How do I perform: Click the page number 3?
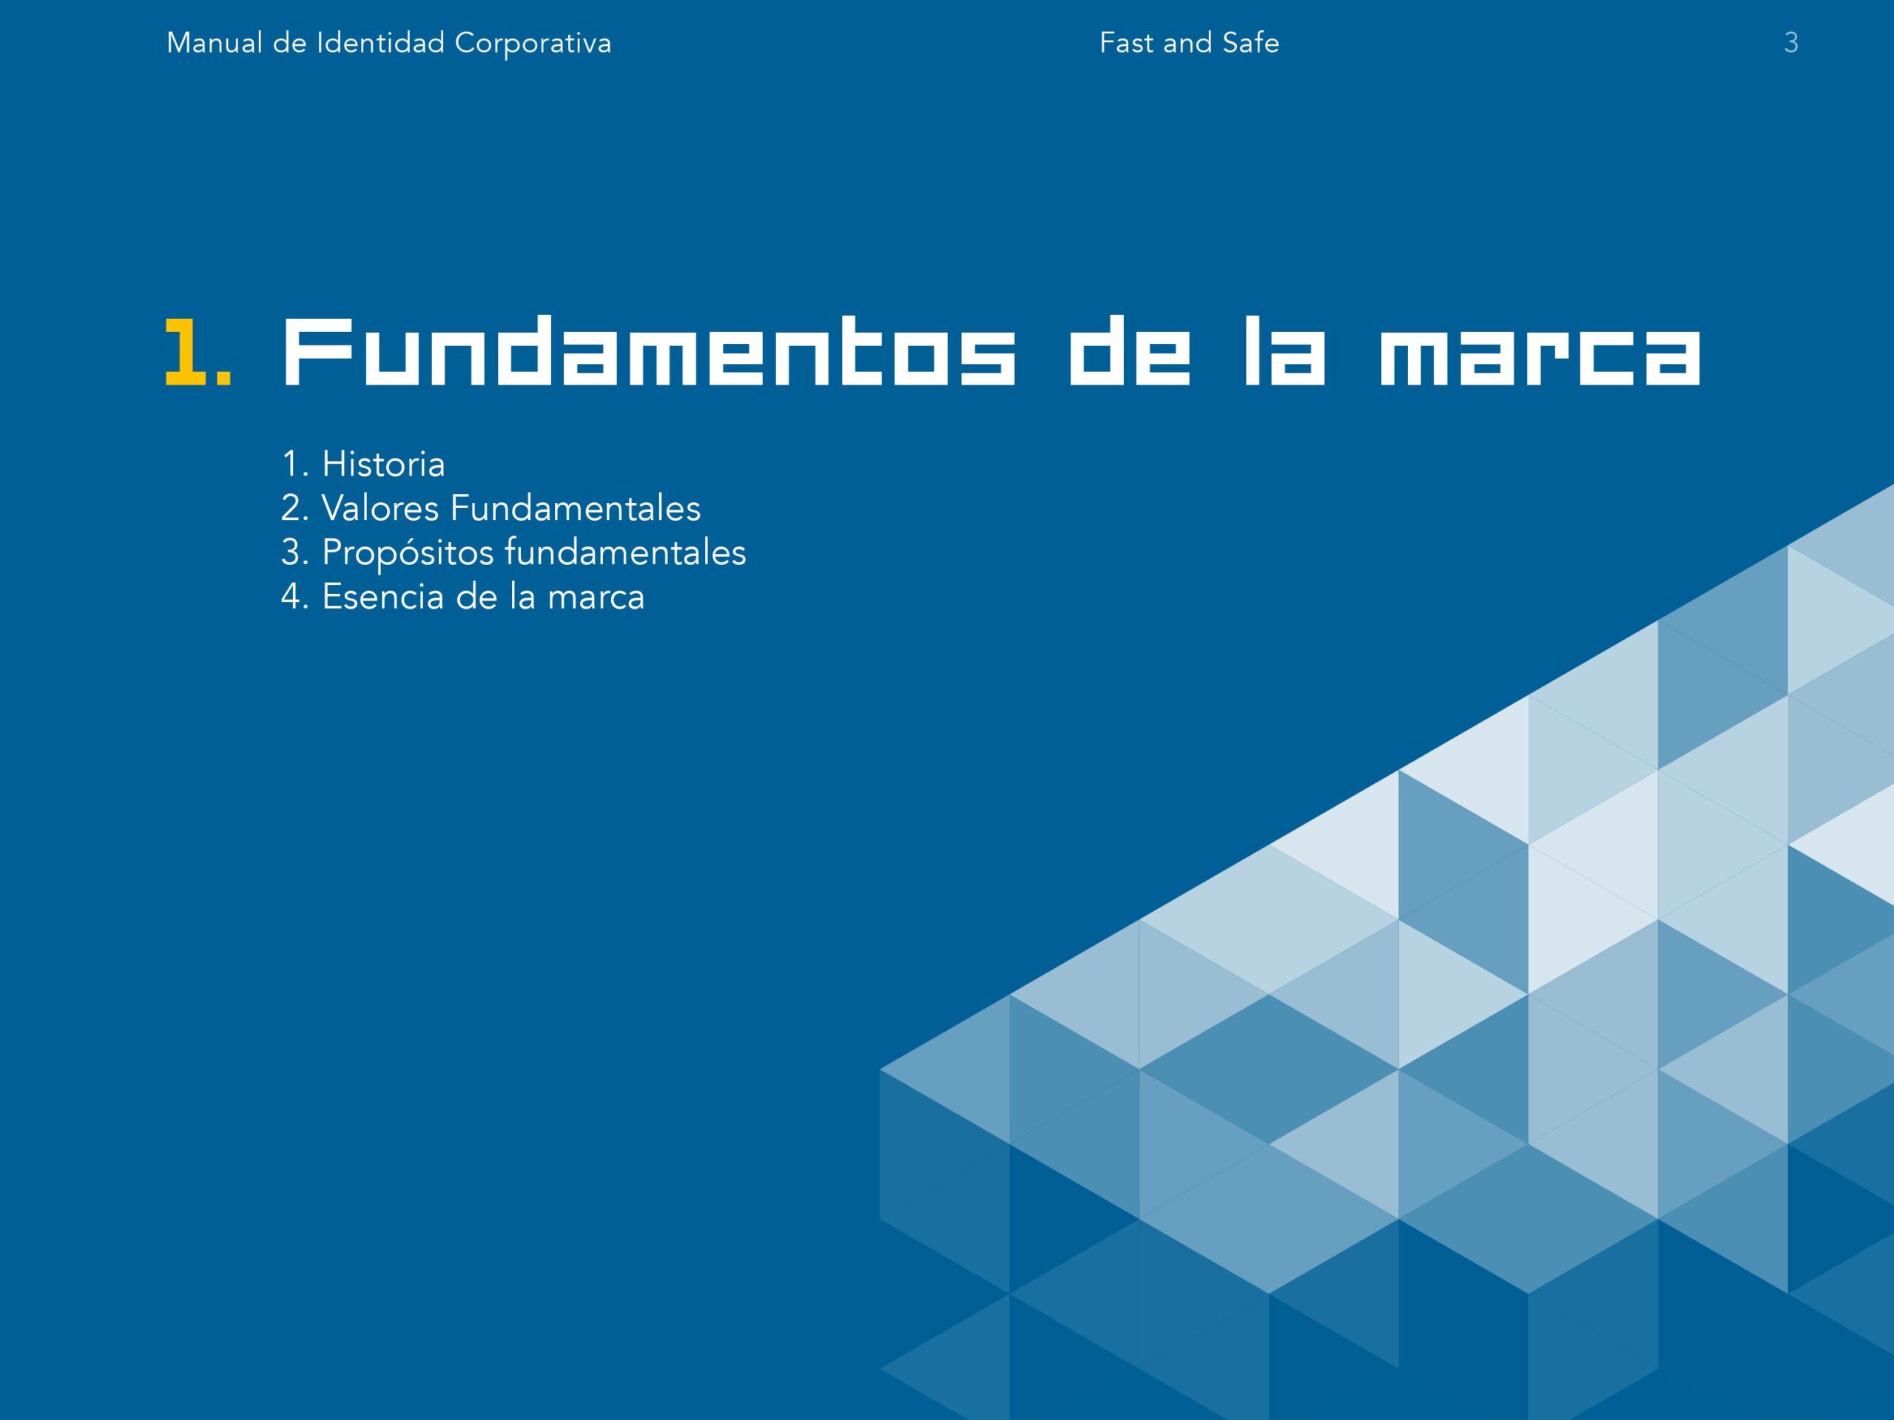1790,43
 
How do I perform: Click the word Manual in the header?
214,43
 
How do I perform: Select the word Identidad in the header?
380,43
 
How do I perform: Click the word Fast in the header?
1126,43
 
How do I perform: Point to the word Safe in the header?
1250,43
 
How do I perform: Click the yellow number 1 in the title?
185,352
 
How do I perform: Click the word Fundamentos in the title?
649,352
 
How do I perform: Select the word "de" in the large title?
1130,352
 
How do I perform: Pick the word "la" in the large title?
1284,352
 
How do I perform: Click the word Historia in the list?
383,464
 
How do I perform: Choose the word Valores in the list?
380,508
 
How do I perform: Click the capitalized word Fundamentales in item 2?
576,508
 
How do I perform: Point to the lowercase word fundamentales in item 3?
625,552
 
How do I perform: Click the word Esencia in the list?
383,597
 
